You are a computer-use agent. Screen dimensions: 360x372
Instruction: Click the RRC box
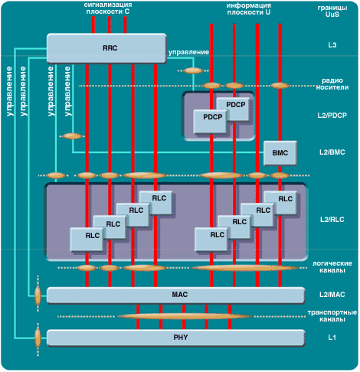106,48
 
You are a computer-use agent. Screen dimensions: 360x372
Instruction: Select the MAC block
176,295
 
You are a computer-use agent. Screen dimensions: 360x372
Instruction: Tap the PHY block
176,338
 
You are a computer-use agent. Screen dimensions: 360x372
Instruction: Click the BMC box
280,153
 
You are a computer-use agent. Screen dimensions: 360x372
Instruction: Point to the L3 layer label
332,45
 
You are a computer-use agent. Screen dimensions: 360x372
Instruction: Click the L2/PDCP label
332,116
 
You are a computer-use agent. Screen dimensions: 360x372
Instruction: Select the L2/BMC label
332,152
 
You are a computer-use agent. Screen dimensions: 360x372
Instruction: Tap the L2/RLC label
332,220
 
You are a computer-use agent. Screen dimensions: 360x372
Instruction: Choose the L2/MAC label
332,295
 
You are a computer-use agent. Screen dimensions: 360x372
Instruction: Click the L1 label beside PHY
332,338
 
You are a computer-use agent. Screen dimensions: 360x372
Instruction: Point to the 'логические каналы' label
332,266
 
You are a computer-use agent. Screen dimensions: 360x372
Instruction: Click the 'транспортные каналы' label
332,316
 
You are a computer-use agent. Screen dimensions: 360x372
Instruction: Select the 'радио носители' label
332,84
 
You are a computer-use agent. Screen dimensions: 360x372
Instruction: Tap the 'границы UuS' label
332,11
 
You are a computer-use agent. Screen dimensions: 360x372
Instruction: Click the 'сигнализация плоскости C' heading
108,8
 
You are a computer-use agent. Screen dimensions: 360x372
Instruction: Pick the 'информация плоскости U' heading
249,9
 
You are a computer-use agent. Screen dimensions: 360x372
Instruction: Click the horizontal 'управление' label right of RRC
188,52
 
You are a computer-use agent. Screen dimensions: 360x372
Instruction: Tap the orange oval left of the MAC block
38,295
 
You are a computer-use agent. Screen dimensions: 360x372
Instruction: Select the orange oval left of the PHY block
38,338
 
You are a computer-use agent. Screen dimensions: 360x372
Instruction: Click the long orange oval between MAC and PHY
185,317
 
